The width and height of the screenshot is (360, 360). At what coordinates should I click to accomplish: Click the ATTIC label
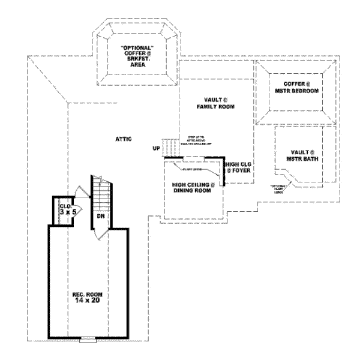pyautogui.click(x=124, y=139)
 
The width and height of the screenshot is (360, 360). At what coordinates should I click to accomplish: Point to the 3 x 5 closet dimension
pyautogui.click(x=65, y=212)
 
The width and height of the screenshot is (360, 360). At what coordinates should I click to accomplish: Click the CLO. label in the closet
pyautogui.click(x=65, y=206)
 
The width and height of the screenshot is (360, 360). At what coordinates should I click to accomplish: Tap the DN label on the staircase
pyautogui.click(x=101, y=215)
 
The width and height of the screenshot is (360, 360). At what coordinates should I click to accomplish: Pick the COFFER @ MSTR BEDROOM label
pyautogui.click(x=293, y=87)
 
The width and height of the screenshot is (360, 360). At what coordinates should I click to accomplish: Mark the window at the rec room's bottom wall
pyautogui.click(x=88, y=340)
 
